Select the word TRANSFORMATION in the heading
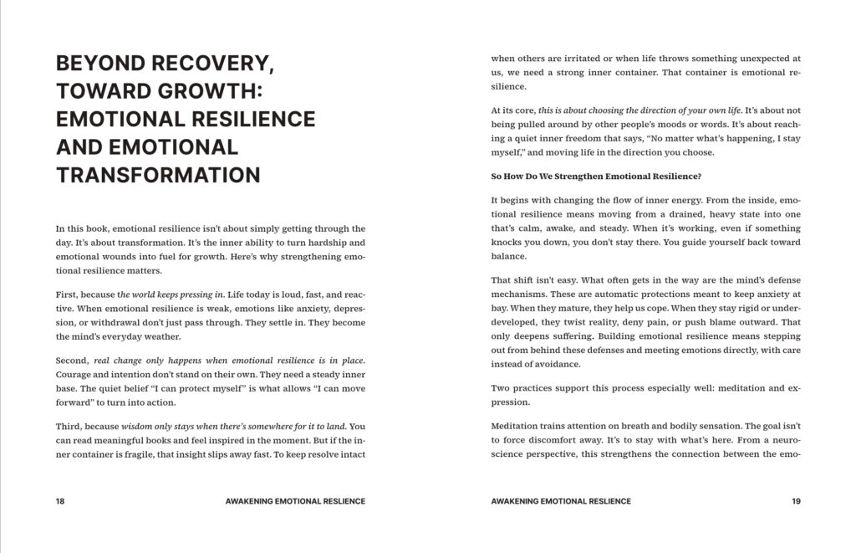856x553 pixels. tap(158, 175)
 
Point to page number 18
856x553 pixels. tap(60, 501)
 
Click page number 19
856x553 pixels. tap(795, 501)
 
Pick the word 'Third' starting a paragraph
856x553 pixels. tap(69, 427)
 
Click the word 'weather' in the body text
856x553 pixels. tap(164, 335)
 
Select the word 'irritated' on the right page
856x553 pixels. tap(576, 59)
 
